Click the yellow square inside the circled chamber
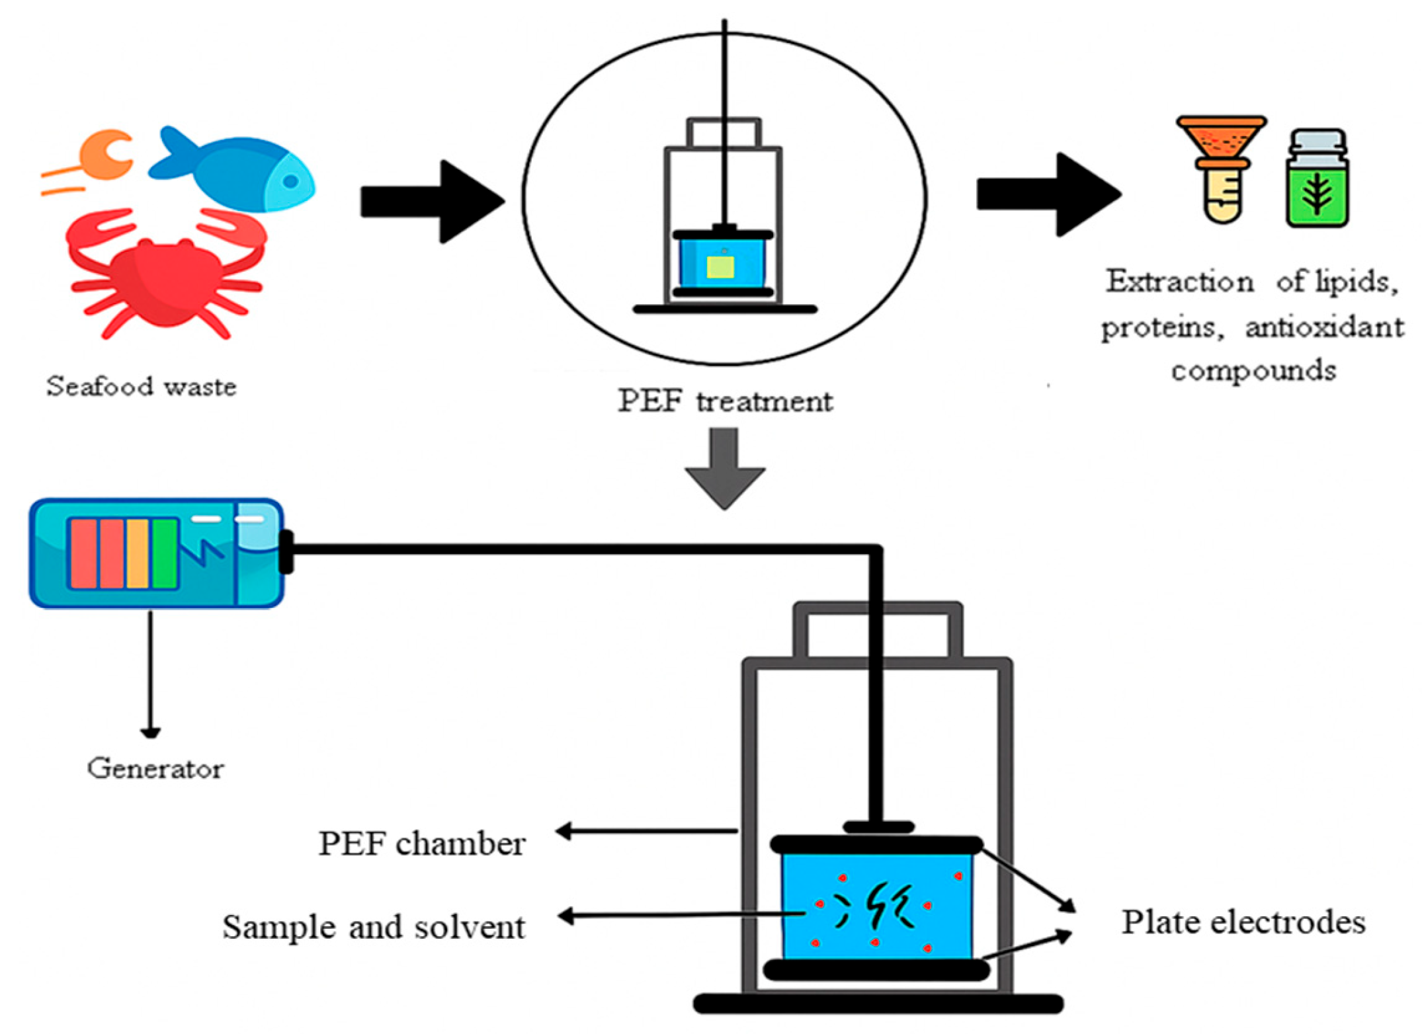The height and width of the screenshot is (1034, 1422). (x=720, y=267)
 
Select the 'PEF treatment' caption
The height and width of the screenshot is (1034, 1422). (x=725, y=401)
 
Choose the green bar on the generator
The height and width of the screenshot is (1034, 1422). (x=165, y=553)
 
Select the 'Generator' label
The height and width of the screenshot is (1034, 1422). (x=155, y=769)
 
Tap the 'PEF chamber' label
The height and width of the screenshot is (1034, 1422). (x=422, y=844)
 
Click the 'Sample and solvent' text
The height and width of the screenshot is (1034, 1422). (x=374, y=927)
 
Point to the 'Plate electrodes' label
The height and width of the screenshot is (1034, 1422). (x=1243, y=922)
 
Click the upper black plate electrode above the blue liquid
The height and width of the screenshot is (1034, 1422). (x=876, y=844)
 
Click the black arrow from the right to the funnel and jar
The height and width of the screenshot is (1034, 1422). (x=1049, y=194)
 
